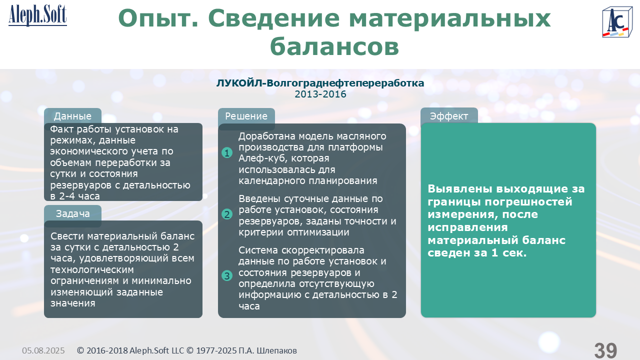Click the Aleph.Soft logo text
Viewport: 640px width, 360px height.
37,15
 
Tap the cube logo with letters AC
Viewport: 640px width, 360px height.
617,22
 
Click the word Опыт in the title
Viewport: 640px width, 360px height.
158,19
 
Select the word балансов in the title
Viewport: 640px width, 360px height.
334,46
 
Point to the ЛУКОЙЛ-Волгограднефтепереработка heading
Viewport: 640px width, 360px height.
320,83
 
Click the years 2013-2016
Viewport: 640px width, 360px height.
320,94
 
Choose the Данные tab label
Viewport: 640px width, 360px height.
72,116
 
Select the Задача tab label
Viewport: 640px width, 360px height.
72,213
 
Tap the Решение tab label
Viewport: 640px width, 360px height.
246,116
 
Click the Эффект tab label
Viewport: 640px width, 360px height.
449,116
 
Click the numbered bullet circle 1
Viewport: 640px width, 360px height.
227,153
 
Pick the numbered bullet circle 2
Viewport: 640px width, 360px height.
227,214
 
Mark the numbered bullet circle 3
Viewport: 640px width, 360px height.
227,275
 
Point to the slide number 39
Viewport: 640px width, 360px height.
605,350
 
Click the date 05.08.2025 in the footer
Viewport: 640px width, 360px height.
43,350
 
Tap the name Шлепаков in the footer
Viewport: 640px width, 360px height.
276,350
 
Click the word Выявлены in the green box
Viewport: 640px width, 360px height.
460,188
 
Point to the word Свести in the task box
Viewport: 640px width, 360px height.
67,236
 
